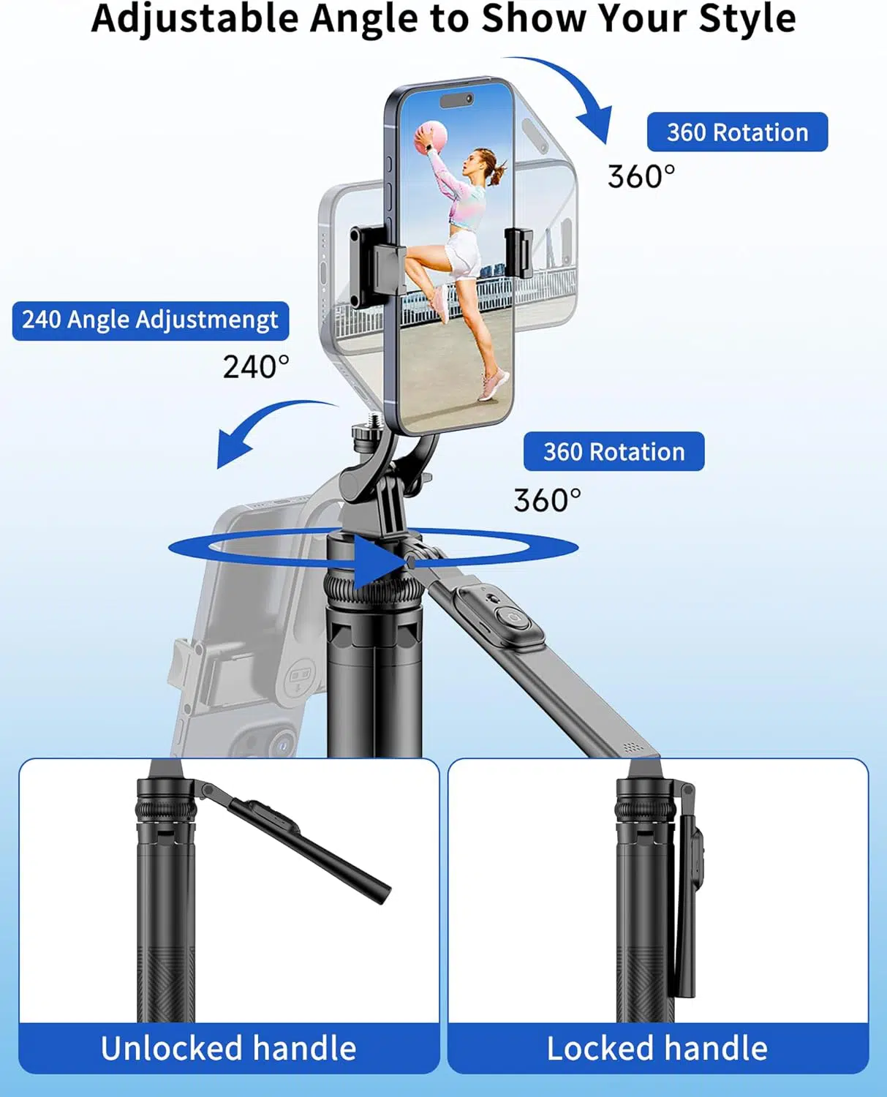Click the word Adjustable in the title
pos(195,20)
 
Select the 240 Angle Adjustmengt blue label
pos(151,320)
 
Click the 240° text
pos(256,366)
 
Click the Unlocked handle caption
pos(229,1048)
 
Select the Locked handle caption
pos(657,1048)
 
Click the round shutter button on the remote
pos(512,619)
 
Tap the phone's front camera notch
pos(456,99)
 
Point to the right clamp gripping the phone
pos(519,253)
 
